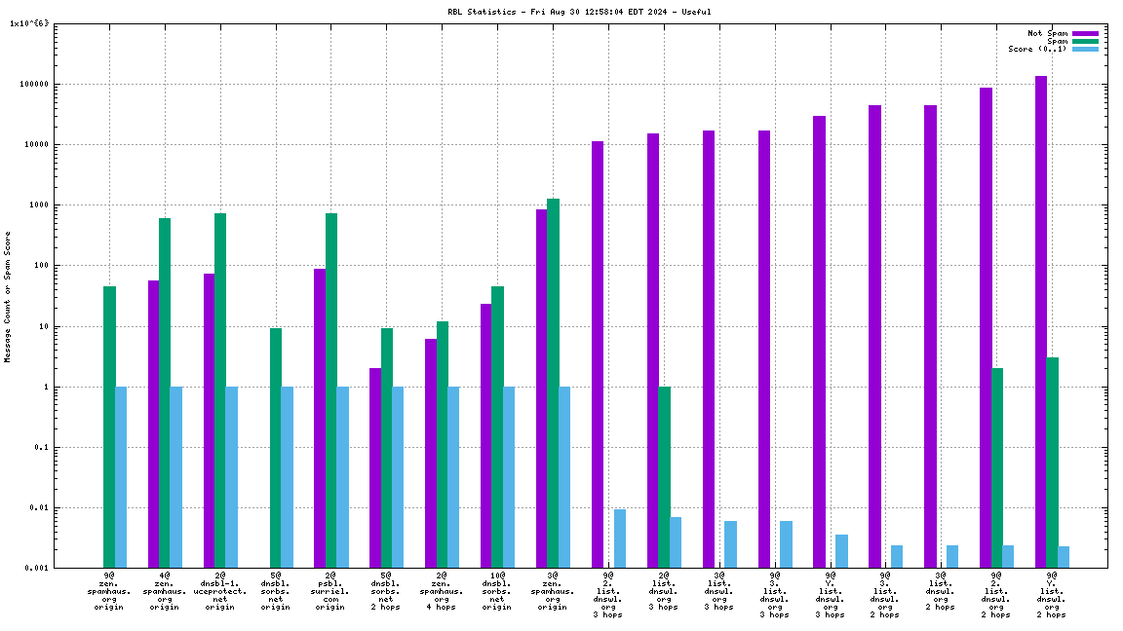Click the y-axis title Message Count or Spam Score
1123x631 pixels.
point(8,297)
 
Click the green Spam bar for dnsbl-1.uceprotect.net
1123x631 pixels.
point(220,390)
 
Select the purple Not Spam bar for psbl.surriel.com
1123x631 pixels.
point(320,418)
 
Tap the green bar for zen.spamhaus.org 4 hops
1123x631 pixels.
point(443,444)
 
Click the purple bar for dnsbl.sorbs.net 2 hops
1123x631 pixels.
point(375,467)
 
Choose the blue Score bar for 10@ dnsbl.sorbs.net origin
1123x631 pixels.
point(509,477)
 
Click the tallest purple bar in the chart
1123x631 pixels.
point(1041,321)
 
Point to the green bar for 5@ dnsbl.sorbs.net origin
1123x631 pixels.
point(276,448)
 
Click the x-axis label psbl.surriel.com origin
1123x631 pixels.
point(330,591)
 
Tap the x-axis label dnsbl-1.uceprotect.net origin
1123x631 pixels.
point(220,591)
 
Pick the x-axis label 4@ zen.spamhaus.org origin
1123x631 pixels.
point(165,591)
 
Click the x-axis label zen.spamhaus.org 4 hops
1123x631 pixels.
point(442,591)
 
